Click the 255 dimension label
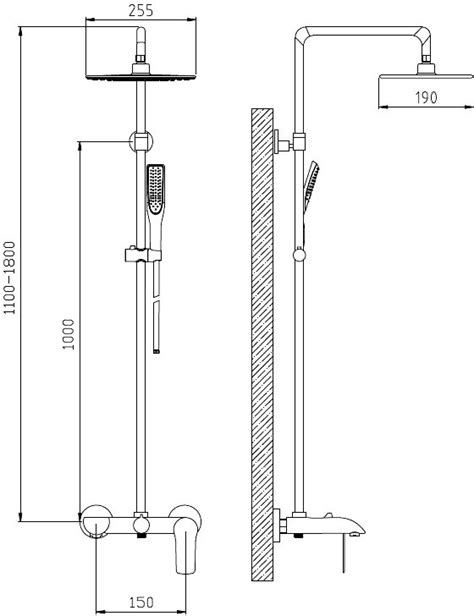(x=141, y=10)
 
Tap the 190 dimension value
(x=426, y=97)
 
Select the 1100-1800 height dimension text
(x=9, y=278)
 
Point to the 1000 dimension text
(x=68, y=334)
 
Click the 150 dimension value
(x=141, y=602)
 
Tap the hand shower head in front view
(x=156, y=190)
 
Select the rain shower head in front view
(x=141, y=76)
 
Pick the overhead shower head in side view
(x=426, y=76)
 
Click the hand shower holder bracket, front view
(x=143, y=255)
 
